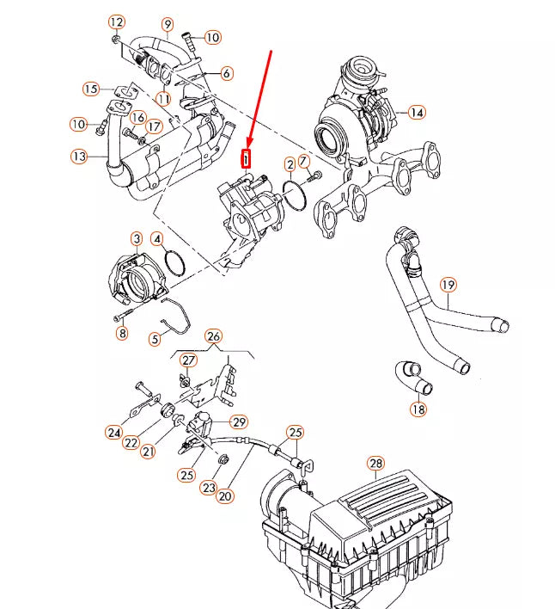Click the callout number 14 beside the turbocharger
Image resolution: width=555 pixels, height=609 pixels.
[417, 113]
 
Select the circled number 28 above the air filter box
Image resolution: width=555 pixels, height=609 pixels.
[375, 464]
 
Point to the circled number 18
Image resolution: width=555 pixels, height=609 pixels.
[418, 409]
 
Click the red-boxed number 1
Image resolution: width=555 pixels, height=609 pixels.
[247, 158]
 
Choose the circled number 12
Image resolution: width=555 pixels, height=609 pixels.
[117, 22]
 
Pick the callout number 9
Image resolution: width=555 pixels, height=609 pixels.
[167, 24]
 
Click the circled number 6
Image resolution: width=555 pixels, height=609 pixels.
[226, 73]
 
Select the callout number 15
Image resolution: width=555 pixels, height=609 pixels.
[91, 89]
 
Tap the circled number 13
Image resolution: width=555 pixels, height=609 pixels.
[79, 156]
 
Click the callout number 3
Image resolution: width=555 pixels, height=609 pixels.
[137, 237]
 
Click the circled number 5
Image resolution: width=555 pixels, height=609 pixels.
[155, 339]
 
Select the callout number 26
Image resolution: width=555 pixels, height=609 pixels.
[214, 335]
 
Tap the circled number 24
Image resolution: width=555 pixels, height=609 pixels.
[113, 432]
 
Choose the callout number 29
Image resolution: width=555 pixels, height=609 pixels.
[239, 421]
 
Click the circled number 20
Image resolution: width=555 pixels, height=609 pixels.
[225, 495]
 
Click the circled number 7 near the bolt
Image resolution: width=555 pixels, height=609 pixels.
[304, 160]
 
